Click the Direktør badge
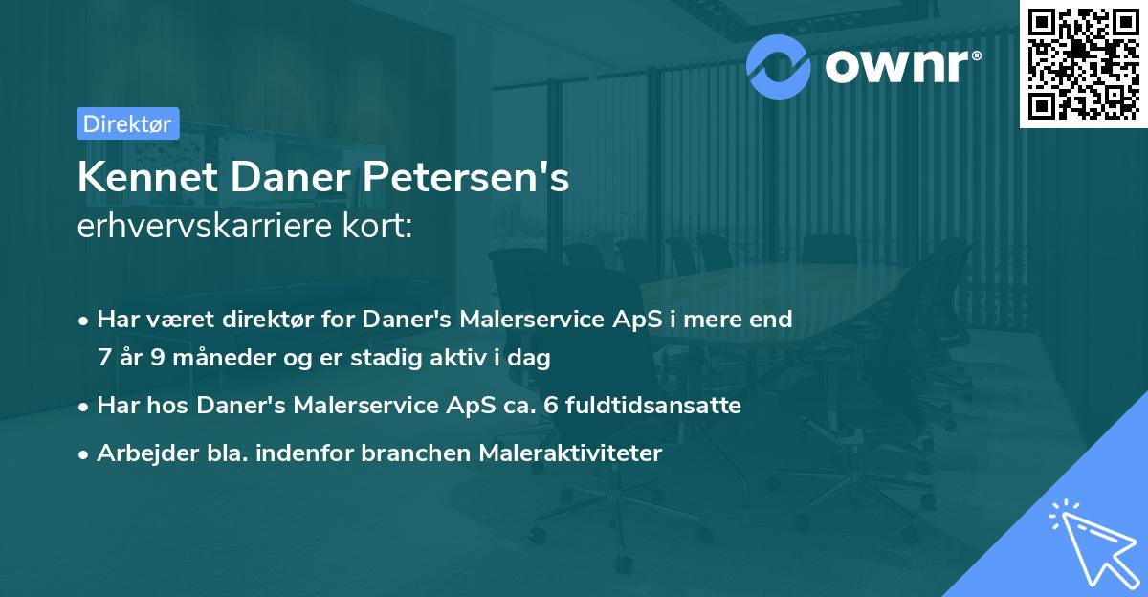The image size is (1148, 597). pyautogui.click(x=126, y=123)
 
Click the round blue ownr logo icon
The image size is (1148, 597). pyautogui.click(x=779, y=66)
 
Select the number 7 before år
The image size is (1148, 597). pyautogui.click(x=104, y=358)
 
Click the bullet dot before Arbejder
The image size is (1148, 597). pyautogui.click(x=85, y=454)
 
